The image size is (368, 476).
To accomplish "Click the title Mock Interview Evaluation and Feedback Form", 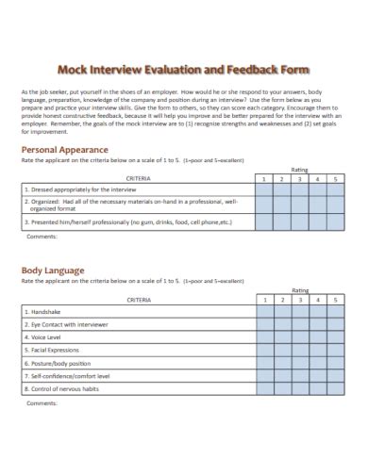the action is pyautogui.click(x=184, y=69).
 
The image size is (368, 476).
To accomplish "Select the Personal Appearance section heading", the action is pyautogui.click(x=65, y=150).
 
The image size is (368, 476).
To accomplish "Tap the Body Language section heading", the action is pyautogui.click(x=53, y=271).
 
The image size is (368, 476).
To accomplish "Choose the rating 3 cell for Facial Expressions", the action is pyautogui.click(x=300, y=349).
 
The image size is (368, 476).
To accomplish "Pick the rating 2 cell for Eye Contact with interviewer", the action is pyautogui.click(x=283, y=323).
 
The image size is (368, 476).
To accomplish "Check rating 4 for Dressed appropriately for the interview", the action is pyautogui.click(x=317, y=189).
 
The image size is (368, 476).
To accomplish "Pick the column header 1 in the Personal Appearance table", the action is pyautogui.click(x=266, y=177).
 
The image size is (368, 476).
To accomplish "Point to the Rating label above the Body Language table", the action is pyautogui.click(x=300, y=290).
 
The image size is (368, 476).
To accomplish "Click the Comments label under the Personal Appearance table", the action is pyautogui.click(x=42, y=236).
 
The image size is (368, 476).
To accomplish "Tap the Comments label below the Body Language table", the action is pyautogui.click(x=42, y=402).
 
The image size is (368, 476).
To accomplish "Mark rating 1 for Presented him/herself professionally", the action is pyautogui.click(x=266, y=222).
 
